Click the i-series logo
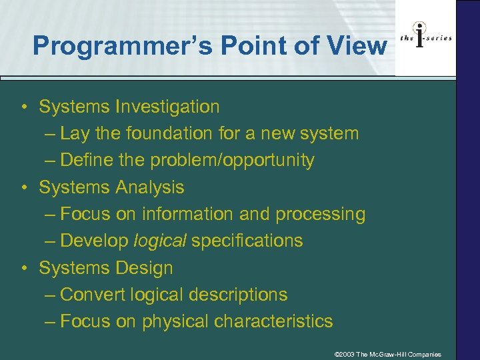coord(425,38)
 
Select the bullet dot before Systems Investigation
coord(23,107)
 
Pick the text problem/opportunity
coord(232,161)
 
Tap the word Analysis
coord(148,187)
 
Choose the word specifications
coord(247,241)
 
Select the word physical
coord(175,321)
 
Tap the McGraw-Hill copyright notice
coord(387,354)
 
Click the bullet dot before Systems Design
coord(23,269)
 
